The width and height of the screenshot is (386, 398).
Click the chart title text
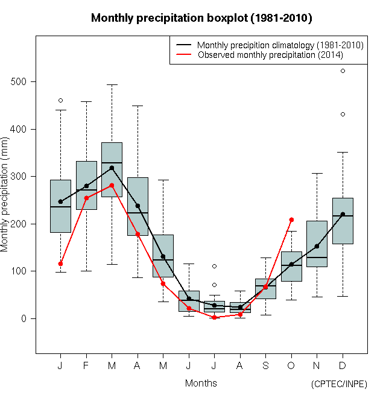201,18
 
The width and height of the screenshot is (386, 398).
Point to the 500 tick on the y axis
20,82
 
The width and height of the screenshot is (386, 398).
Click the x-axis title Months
201,383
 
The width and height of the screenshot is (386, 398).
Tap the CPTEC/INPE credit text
338,384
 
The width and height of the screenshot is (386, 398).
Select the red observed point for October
291,220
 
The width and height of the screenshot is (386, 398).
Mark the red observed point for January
60,264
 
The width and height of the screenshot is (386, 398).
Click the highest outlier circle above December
343,71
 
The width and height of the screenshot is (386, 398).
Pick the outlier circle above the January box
60,100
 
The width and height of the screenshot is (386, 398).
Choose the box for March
112,169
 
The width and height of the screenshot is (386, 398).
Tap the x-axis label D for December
343,366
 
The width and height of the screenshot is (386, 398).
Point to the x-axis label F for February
86,366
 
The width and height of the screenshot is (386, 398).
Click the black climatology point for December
343,214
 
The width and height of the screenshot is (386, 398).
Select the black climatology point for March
112,168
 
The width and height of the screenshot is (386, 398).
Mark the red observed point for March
112,185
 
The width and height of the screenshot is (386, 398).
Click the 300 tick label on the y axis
20,177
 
